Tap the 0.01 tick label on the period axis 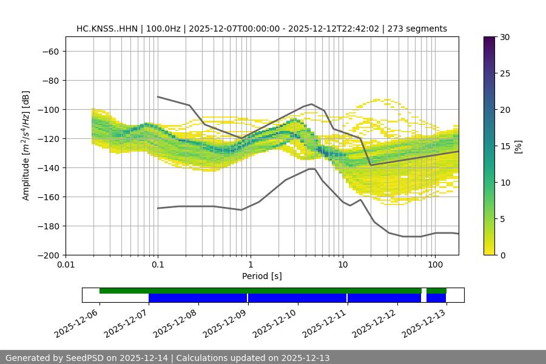click(x=66, y=265)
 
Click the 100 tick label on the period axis click(x=434, y=265)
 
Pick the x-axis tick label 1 click(x=250, y=265)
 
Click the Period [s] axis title click(x=261, y=276)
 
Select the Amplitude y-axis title click(x=26, y=146)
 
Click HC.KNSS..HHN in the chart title click(x=101, y=29)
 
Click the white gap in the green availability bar click(x=424, y=291)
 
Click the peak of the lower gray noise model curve click(x=312, y=169)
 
